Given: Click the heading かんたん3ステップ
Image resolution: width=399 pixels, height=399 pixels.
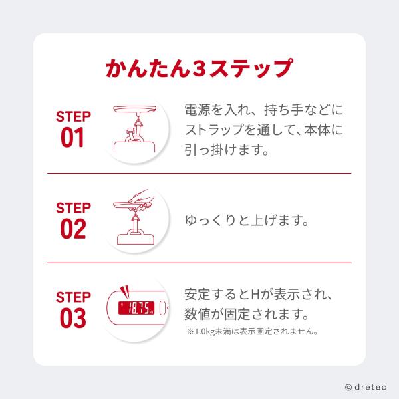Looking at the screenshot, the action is pos(199,68).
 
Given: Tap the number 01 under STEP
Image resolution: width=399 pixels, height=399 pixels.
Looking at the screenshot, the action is pos(72,138).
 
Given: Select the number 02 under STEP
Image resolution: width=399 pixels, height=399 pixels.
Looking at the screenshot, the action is pos(73,229).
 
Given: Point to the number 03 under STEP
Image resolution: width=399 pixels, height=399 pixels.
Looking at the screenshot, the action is pos(73,318).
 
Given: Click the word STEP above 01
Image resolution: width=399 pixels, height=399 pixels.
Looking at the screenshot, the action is pos(73,116).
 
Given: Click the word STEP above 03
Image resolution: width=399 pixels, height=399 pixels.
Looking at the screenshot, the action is pos(73,297).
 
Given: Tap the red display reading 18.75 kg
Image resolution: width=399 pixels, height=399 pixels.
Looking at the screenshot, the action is pos(136,308).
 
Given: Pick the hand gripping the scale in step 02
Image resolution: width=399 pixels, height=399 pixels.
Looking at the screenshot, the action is pos(141,200).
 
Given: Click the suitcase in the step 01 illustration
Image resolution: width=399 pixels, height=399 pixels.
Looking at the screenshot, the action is pos(134,144).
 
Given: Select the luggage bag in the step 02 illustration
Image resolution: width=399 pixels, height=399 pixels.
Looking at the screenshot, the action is pos(136,237).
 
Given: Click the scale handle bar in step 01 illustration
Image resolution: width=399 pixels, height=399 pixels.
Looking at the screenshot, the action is pos(134,110).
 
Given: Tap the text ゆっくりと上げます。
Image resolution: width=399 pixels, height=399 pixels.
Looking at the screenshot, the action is pos(247,220).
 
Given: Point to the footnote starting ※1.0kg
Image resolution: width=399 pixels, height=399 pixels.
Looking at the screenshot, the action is pos(253,332).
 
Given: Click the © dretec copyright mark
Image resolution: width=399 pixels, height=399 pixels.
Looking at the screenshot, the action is pos(366,387).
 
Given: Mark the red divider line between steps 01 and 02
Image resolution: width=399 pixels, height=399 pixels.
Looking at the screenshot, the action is pos(199,174).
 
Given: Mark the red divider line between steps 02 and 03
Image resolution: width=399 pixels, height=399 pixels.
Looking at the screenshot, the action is pos(199,263).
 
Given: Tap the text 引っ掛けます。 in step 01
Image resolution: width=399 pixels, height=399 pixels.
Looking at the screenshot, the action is pos(227,150).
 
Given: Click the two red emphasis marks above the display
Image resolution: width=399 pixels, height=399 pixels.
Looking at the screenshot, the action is pos(125,291).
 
